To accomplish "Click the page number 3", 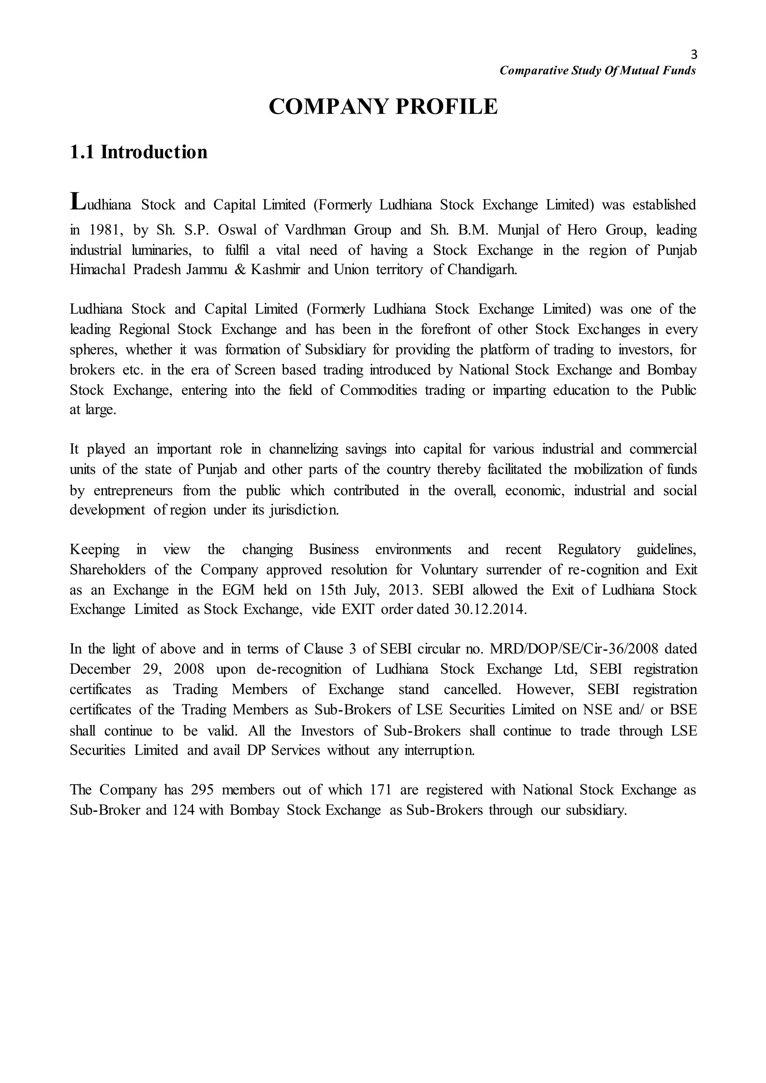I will point(693,55).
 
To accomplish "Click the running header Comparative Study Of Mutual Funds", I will point(597,71).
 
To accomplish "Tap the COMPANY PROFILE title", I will point(383,106).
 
